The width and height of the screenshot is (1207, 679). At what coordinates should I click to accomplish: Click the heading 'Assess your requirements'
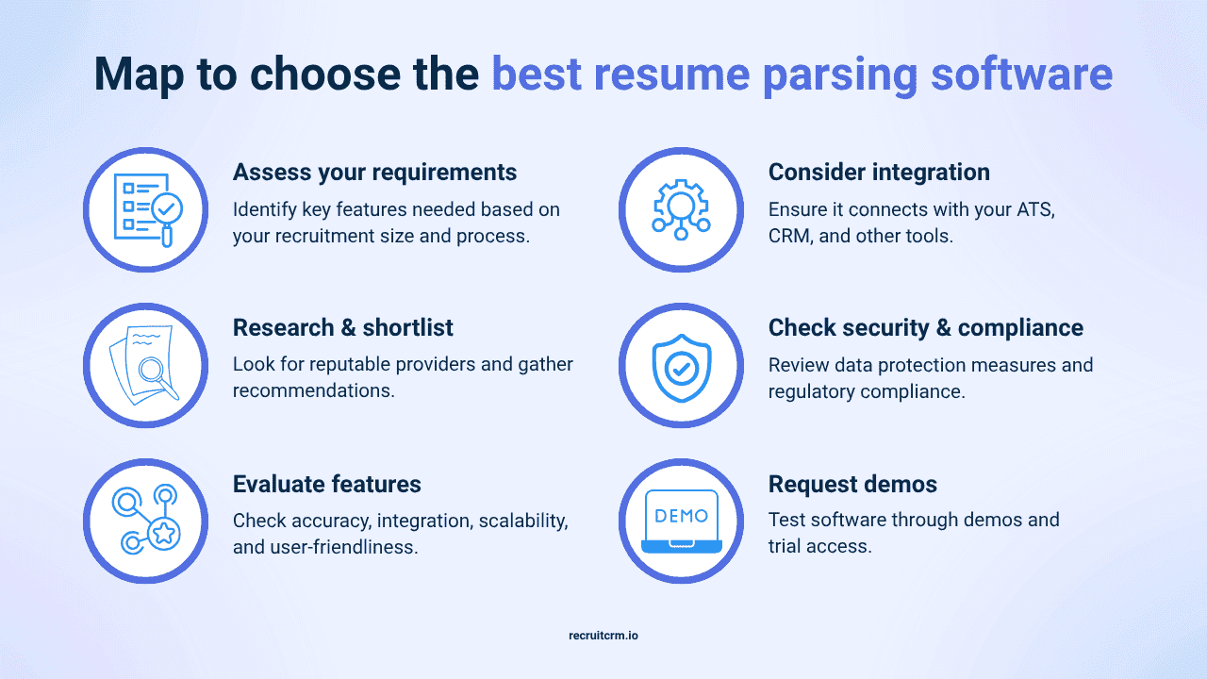coord(374,173)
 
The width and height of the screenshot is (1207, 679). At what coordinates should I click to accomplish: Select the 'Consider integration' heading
coord(879,173)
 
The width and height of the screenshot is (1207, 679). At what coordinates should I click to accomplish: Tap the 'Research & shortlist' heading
coord(342,328)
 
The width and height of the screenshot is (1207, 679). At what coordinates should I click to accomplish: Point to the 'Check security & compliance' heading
coord(925,328)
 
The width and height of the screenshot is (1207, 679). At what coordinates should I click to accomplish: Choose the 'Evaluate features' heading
coord(326,485)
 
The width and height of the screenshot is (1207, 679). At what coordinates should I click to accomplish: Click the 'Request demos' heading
coord(852,485)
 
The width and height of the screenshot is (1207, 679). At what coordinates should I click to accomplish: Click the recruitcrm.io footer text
coord(603,636)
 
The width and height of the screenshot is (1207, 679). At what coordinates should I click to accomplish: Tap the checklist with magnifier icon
coord(146,209)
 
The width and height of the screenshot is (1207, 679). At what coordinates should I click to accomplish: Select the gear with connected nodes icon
coord(681,209)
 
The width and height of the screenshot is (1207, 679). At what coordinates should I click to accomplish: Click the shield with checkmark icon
coord(681,366)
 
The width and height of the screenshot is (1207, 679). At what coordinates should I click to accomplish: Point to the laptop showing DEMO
coord(681,522)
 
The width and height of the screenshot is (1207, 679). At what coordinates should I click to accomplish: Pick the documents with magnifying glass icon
coord(146,366)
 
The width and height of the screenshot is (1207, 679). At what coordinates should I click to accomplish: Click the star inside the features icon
coord(163,535)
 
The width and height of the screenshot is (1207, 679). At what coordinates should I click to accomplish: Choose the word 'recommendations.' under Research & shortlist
coord(314,390)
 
